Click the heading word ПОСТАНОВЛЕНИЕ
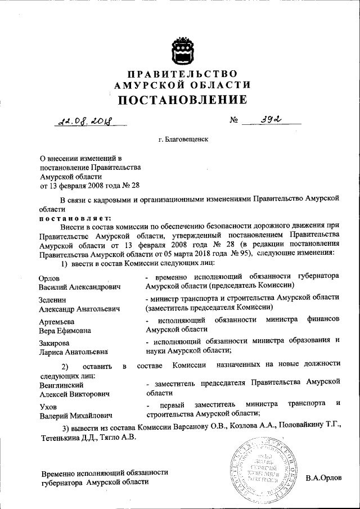[182, 100]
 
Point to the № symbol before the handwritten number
[235, 120]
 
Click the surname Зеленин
[53, 299]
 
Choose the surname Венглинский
[62, 385]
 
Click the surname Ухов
[49, 406]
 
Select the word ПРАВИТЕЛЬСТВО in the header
[182, 74]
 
